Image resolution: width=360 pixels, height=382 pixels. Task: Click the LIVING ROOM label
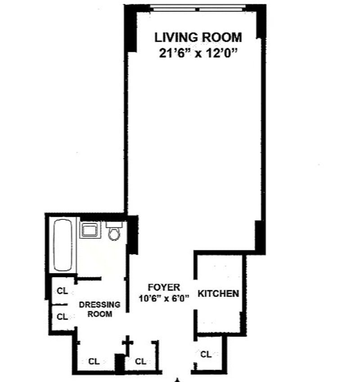pos(198,37)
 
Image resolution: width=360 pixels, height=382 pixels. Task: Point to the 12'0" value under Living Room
pos(222,53)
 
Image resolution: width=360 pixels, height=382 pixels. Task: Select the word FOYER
pos(164,287)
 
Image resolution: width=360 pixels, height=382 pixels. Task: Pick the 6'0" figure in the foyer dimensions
pos(180,298)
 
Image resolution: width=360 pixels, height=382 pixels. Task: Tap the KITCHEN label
pos(218,294)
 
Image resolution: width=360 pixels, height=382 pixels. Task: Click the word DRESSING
pos(99,305)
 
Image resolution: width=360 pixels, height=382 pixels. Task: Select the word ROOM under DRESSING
pos(99,314)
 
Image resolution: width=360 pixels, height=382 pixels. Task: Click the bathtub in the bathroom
pos(63,245)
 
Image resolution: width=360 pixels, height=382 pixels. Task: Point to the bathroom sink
pos(90,230)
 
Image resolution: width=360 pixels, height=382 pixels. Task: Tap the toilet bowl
pos(114,234)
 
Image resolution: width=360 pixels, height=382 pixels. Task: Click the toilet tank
pos(114,224)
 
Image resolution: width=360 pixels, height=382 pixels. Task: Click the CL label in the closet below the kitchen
pos(206,354)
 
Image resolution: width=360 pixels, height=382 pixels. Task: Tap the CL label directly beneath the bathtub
pos(62,291)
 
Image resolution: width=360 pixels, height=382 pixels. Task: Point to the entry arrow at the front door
pos(177,380)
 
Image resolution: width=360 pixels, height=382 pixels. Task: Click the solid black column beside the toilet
pos(133,235)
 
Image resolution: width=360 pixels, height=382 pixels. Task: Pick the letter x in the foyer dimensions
pos(166,299)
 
